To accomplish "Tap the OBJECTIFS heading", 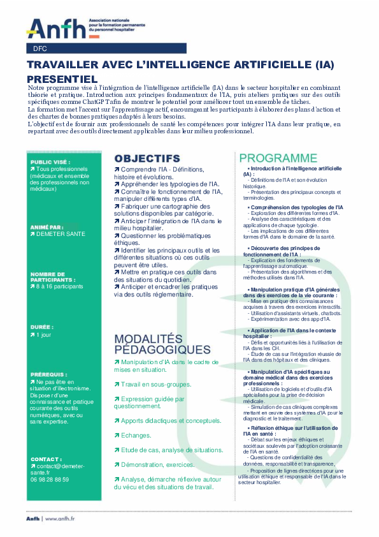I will (x=147, y=158).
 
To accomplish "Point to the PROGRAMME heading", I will (x=278, y=158).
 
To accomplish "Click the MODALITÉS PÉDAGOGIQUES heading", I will (x=162, y=344).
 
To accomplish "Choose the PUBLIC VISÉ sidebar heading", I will (x=51, y=162).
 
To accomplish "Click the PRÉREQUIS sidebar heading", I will (x=48, y=374).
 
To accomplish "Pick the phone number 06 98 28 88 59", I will (x=50, y=479).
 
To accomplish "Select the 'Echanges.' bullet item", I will (x=136, y=417).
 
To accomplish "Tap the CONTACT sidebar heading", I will (x=46, y=459).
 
